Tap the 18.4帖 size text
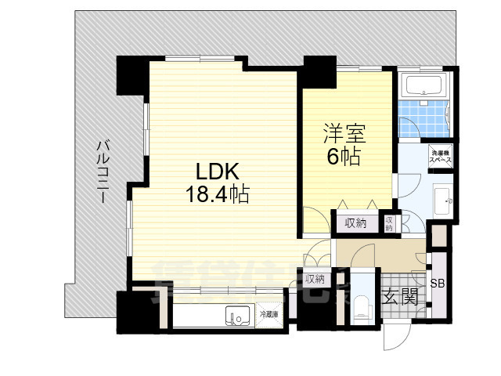coord(217,193)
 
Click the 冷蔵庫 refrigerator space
coord(270,315)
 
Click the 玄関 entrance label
coord(398,296)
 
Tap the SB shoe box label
coord(438,283)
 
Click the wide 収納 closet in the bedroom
coord(355,223)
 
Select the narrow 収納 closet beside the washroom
coord(389,222)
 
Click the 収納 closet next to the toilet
coord(315,278)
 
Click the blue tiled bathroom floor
coord(423,116)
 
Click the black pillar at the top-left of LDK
coord(130,74)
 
